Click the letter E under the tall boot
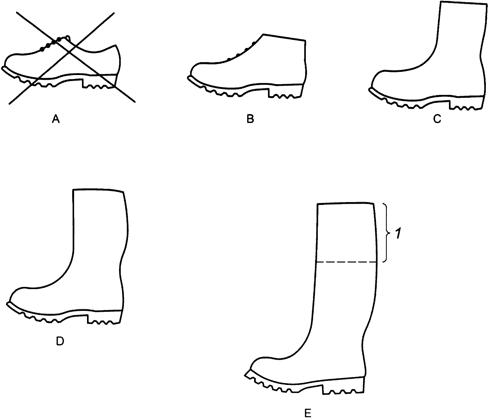point(308,413)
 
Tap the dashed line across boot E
point(346,262)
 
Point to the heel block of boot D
point(104,317)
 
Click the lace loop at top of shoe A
point(67,38)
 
